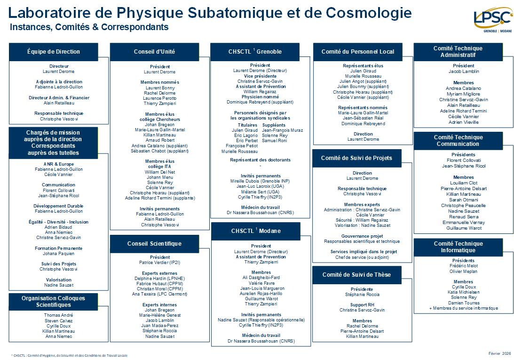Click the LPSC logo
(x=492, y=19)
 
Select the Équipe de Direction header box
(x=54, y=52)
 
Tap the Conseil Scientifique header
(x=154, y=243)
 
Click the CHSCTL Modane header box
(x=255, y=231)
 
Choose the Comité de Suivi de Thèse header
(x=356, y=274)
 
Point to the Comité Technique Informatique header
(x=458, y=247)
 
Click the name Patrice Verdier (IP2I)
(x=160, y=263)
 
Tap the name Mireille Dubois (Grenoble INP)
(x=260, y=181)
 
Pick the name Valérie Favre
(x=261, y=283)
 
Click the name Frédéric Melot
(x=463, y=266)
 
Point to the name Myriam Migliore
(x=463, y=94)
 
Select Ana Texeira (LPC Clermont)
(x=160, y=294)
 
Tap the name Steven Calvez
(x=59, y=321)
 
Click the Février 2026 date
(x=499, y=353)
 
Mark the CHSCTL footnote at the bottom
(x=69, y=355)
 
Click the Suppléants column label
(x=274, y=125)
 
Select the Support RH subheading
(x=362, y=305)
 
